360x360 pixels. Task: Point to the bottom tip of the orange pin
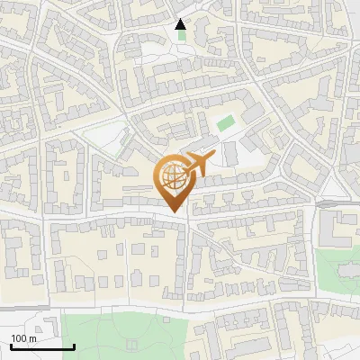point(176,213)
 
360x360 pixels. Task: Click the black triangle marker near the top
point(181,24)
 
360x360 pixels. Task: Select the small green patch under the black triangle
point(183,36)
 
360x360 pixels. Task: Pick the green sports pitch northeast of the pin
point(225,122)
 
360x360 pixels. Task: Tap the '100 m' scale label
point(24,338)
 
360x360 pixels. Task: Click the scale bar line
point(42,346)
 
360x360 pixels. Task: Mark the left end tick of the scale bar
point(11,345)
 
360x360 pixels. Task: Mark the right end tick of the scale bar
point(74,345)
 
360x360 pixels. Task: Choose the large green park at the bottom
point(126,333)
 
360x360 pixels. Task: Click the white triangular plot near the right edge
point(334,185)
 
